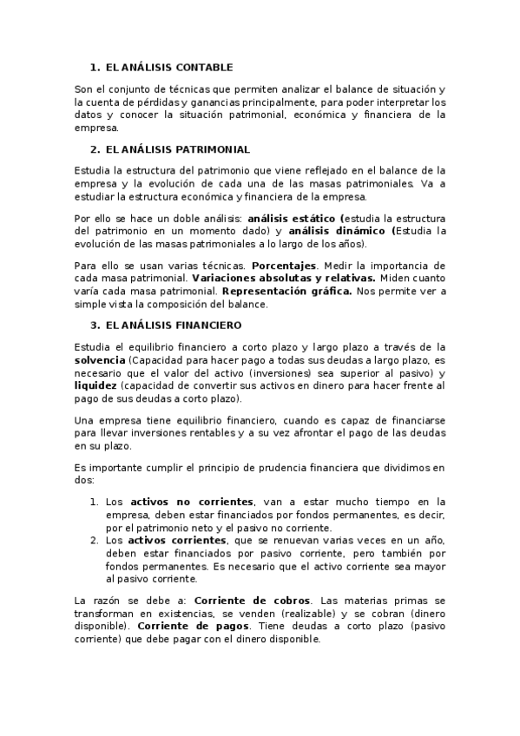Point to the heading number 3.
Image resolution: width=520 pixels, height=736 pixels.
[x=94, y=325]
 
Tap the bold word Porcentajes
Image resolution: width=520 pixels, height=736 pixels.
[x=285, y=265]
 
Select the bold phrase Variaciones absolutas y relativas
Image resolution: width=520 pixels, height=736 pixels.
[x=283, y=278]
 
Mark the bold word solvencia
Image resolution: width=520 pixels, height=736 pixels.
[x=100, y=359]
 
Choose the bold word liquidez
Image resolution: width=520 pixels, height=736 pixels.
[x=96, y=384]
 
